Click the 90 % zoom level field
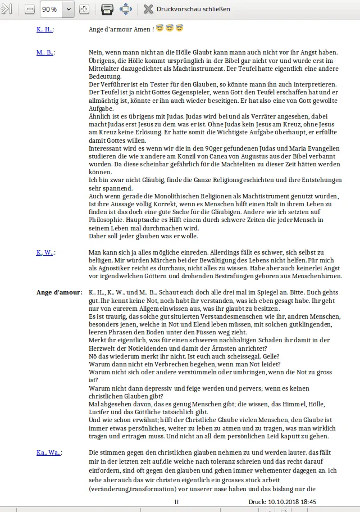click(x=50, y=9)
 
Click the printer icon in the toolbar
click(x=107, y=9)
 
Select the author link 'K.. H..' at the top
click(x=45, y=28)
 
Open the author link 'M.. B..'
click(x=45, y=52)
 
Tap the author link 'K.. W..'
click(x=45, y=252)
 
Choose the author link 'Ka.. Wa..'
click(x=48, y=452)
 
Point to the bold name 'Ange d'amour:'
click(x=59, y=293)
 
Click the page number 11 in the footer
click(x=177, y=501)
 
